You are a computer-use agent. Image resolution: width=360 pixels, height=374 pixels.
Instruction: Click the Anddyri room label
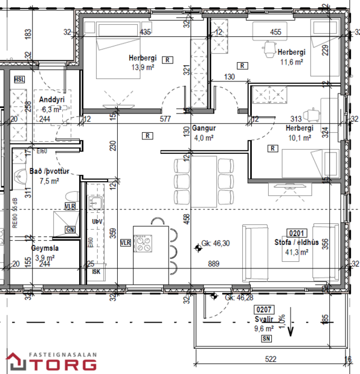click(x=51, y=100)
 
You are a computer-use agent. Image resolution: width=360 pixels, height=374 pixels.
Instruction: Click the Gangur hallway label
click(x=204, y=128)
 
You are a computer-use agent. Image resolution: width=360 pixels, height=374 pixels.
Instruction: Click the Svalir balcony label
click(x=263, y=320)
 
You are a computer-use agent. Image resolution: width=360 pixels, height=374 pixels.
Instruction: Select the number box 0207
click(x=263, y=309)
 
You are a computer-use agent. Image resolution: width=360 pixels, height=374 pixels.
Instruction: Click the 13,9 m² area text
click(x=142, y=67)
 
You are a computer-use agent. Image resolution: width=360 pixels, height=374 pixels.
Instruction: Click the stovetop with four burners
click(x=145, y=242)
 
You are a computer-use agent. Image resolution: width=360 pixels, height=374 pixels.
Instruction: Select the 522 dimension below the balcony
click(x=270, y=360)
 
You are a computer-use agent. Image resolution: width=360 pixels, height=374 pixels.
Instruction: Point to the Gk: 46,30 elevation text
click(x=216, y=243)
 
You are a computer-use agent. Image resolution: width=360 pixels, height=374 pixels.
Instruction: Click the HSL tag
click(x=19, y=80)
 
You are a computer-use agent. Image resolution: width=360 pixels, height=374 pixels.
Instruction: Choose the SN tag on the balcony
click(x=266, y=340)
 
